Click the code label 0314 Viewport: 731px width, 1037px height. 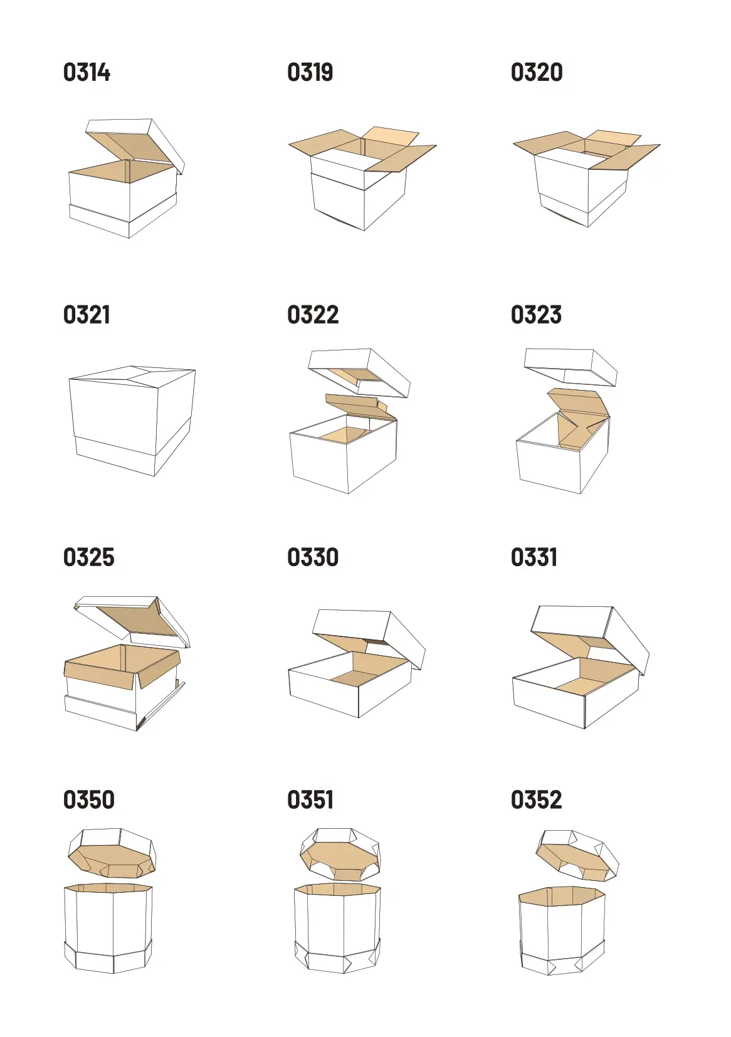(x=87, y=72)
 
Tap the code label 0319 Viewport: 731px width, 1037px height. (x=310, y=72)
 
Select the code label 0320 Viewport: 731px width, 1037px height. (x=537, y=72)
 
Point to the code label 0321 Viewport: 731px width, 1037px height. (x=87, y=315)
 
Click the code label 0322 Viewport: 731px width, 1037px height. (x=313, y=315)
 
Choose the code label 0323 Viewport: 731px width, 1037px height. (x=536, y=315)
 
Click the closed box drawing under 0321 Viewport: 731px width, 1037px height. (x=132, y=420)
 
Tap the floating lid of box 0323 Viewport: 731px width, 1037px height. (x=571, y=367)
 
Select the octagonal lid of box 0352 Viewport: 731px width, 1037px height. (x=577, y=856)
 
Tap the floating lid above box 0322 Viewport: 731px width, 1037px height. (x=359, y=372)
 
